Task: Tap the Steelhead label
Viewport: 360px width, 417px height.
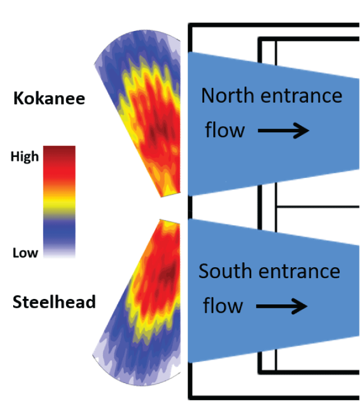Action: pyautogui.click(x=54, y=301)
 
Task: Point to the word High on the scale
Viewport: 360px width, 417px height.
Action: pyautogui.click(x=25, y=157)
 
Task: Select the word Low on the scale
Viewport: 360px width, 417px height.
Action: pyautogui.click(x=25, y=252)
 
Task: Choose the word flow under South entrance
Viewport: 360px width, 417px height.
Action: pyautogui.click(x=223, y=306)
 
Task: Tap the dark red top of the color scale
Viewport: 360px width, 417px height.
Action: pyautogui.click(x=59, y=152)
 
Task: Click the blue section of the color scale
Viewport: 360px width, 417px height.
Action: pyautogui.click(x=59, y=230)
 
